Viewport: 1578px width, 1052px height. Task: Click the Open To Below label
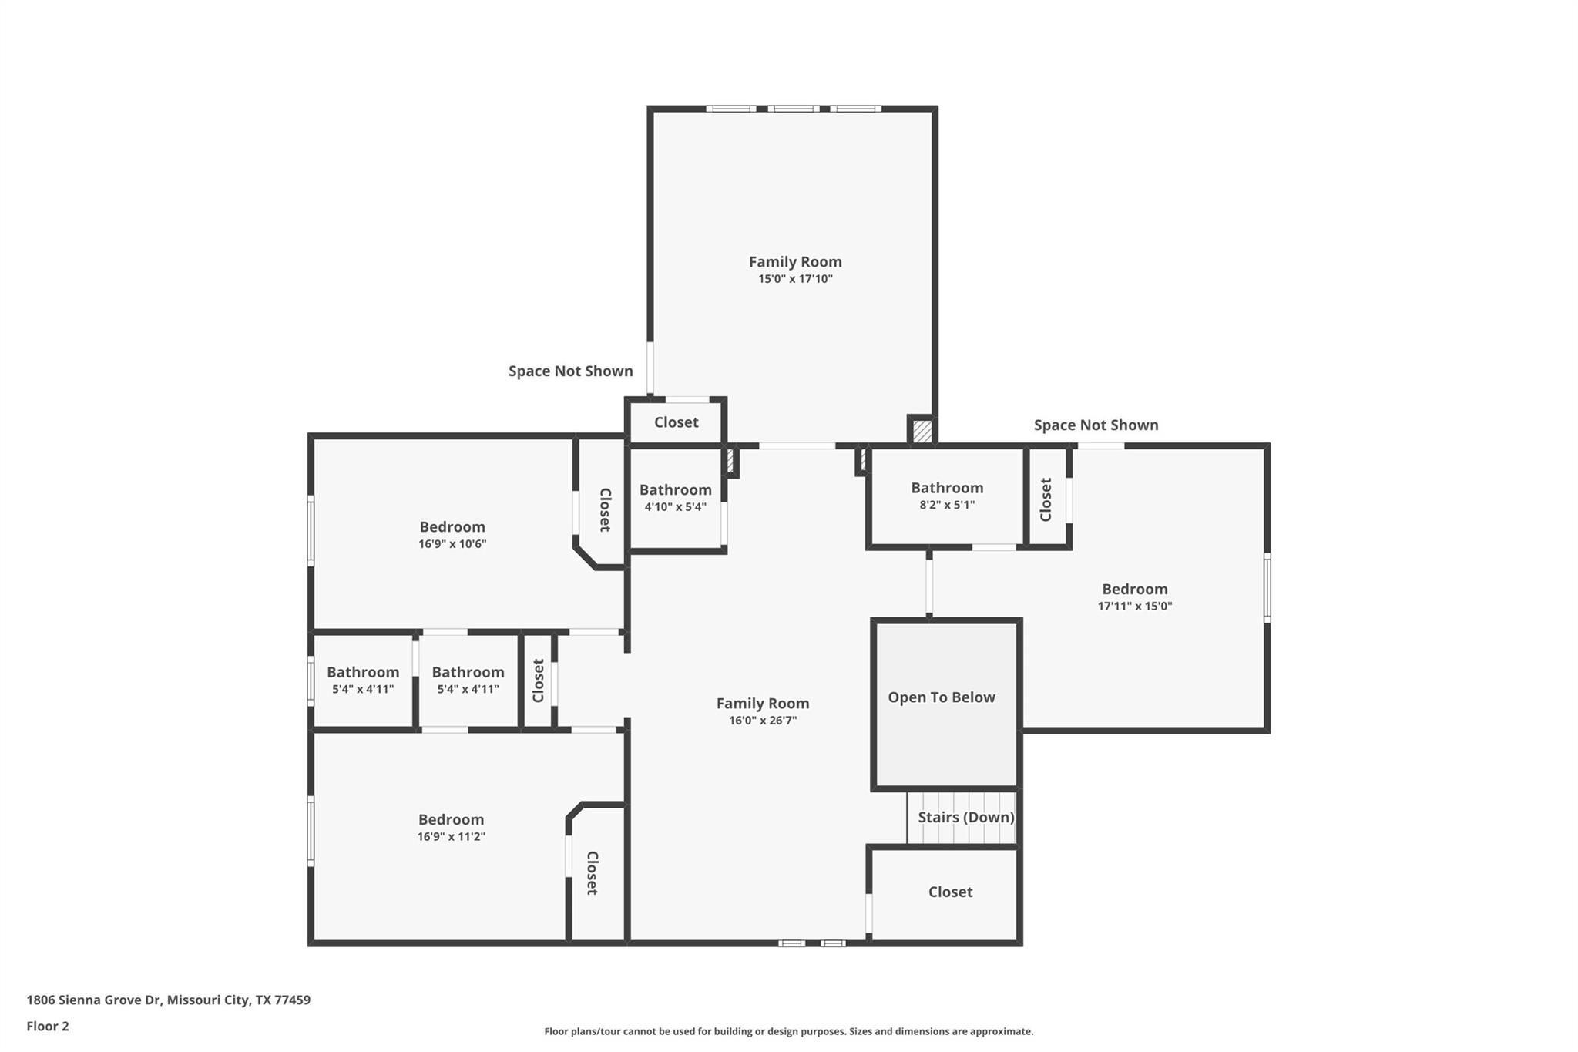pos(941,697)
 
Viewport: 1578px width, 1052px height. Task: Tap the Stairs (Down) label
pos(965,817)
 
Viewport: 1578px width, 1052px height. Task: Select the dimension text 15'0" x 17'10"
pos(795,279)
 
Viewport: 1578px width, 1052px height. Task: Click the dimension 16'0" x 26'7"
pos(762,721)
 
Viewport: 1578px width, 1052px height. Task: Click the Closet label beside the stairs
pos(950,892)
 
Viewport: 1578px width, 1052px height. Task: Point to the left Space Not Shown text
pos(570,371)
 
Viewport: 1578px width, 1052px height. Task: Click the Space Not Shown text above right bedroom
pos(1096,425)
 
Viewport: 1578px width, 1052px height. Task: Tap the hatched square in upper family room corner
pos(922,430)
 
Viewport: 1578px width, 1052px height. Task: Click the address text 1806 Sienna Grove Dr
pos(169,1000)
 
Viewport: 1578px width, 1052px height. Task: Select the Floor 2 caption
pos(48,1026)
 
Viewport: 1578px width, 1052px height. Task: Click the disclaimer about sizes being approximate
pos(788,1031)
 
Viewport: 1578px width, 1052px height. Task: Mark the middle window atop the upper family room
pos(794,109)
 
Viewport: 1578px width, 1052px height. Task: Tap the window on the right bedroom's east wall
pos(1267,587)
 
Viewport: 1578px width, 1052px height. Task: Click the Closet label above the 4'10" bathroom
pos(676,422)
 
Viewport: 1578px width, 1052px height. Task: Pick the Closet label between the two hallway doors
pos(538,681)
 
